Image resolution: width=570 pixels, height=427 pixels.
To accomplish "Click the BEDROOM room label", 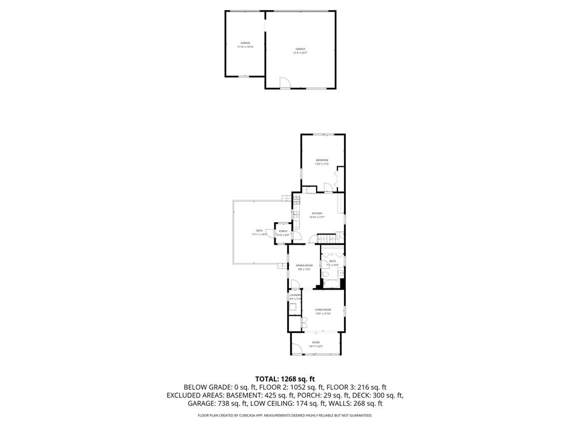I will [322, 161].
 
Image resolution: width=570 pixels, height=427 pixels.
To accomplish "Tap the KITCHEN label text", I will [317, 213].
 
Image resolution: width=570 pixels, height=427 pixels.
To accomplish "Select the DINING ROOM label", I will [304, 266].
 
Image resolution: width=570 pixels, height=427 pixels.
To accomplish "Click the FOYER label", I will [316, 342].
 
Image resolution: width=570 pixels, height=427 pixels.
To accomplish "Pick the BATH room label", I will [332, 261].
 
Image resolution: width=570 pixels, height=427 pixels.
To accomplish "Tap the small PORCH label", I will [283, 231].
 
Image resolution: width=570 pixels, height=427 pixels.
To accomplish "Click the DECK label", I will [259, 231].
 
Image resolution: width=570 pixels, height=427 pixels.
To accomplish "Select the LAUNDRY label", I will [294, 295].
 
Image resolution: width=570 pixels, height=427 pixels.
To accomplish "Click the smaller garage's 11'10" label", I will [245, 47].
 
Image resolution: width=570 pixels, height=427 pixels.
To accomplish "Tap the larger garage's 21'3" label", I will [301, 53].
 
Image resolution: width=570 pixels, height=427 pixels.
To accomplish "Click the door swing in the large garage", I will [284, 83].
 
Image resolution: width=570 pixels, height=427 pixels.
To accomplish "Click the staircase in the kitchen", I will [328, 239].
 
